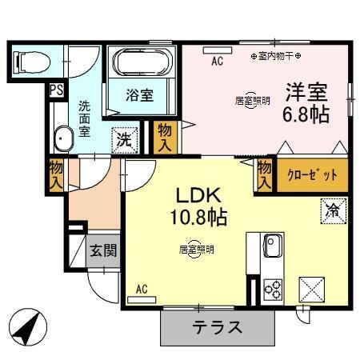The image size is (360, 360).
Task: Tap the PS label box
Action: (x=56, y=90)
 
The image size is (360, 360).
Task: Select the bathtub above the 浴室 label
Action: (x=141, y=62)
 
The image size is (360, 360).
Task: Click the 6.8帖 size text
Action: (x=305, y=114)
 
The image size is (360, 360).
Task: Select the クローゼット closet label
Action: (x=313, y=174)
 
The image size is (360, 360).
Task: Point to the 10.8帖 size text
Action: (x=198, y=217)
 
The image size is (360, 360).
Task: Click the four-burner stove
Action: (x=270, y=288)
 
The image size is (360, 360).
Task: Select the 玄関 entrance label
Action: (x=103, y=250)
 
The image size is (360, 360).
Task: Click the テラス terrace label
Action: (x=217, y=327)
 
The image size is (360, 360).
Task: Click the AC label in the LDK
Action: (x=142, y=289)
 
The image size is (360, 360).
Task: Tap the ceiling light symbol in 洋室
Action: (x=251, y=101)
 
